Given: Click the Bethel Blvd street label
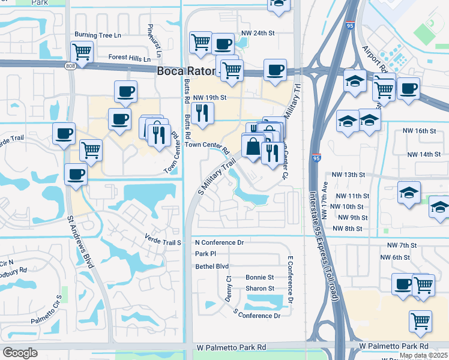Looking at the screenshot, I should coord(212,266).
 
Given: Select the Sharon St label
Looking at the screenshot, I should coord(259,289).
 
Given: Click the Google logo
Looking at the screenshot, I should coord(20,353).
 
